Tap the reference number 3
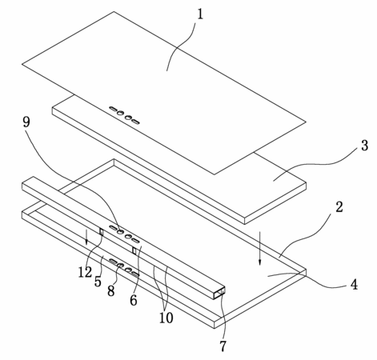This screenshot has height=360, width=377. [364, 146]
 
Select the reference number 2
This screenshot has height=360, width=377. [339, 207]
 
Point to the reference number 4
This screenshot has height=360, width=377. [354, 284]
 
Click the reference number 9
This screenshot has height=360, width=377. [26, 122]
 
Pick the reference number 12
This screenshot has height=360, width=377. [85, 272]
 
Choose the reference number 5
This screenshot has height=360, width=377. [98, 282]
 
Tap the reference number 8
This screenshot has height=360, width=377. [111, 290]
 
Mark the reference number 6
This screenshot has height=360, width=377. [134, 300]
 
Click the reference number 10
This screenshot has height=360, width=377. [166, 318]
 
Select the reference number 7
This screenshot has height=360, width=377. [223, 346]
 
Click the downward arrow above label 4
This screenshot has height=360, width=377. [259, 249]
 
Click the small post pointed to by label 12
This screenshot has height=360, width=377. [102, 231]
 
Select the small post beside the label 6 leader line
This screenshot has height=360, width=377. [134, 250]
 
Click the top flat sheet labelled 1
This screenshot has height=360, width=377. [164, 93]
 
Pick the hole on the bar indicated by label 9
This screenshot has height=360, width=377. [121, 231]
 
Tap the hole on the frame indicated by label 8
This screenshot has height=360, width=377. [120, 265]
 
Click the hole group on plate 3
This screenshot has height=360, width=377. [124, 116]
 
